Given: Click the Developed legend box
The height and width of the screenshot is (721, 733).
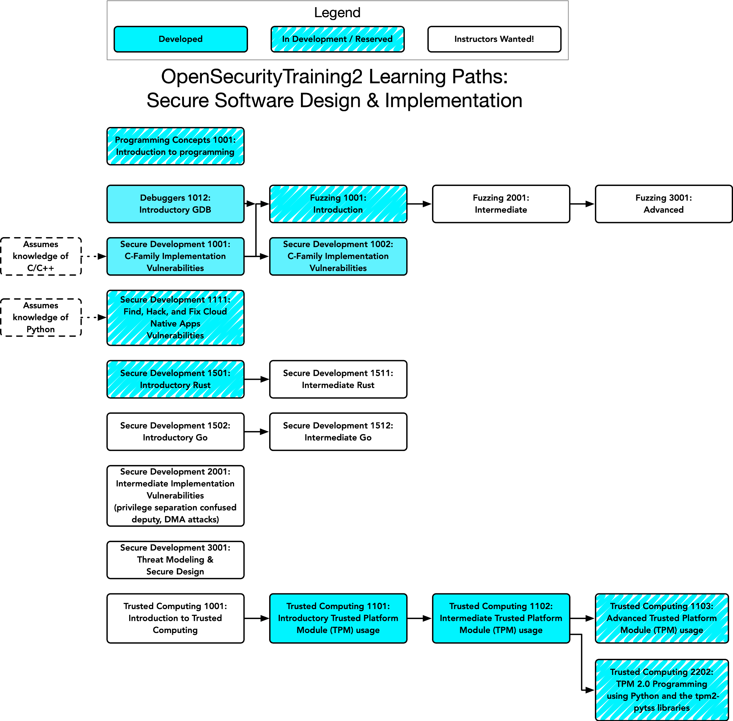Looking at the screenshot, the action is coord(180,39).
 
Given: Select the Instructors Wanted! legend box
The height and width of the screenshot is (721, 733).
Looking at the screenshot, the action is coord(494,39).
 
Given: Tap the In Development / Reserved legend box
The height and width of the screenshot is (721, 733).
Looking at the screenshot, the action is coord(337,39).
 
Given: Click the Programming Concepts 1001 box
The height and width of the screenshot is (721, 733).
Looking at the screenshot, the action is coord(175,146).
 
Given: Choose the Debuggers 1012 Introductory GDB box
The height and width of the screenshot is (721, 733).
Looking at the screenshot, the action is coord(175,204).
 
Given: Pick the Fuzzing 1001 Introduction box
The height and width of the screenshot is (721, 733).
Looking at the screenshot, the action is coord(338,204).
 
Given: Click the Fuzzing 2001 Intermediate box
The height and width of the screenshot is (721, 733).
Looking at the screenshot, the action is coord(501,204).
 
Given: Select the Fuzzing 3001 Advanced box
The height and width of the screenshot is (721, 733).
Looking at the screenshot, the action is coord(664,204).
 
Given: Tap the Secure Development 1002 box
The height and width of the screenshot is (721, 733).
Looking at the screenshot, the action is coord(338,256).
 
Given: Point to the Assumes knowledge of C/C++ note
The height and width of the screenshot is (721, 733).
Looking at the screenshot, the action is coord(41,256).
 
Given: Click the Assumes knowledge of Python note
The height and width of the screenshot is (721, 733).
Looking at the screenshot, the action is coord(41,317).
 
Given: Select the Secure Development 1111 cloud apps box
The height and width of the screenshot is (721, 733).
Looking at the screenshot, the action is coord(175,318).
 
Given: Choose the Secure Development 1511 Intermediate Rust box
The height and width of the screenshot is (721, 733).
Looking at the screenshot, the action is coord(338,379).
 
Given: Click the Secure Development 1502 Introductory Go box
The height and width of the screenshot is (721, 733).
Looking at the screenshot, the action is coord(175,432).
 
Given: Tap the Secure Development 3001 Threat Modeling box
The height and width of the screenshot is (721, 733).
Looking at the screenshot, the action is coord(175,560).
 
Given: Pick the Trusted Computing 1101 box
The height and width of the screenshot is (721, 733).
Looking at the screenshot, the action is coord(338,618).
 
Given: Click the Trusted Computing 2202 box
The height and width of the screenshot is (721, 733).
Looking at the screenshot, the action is coord(662,690).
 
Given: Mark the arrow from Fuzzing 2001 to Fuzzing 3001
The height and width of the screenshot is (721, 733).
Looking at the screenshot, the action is coord(582,204).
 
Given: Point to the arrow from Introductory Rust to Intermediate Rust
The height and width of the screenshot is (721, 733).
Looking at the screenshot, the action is coord(257,379).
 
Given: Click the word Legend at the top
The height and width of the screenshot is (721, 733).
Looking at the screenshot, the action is coord(337,13).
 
